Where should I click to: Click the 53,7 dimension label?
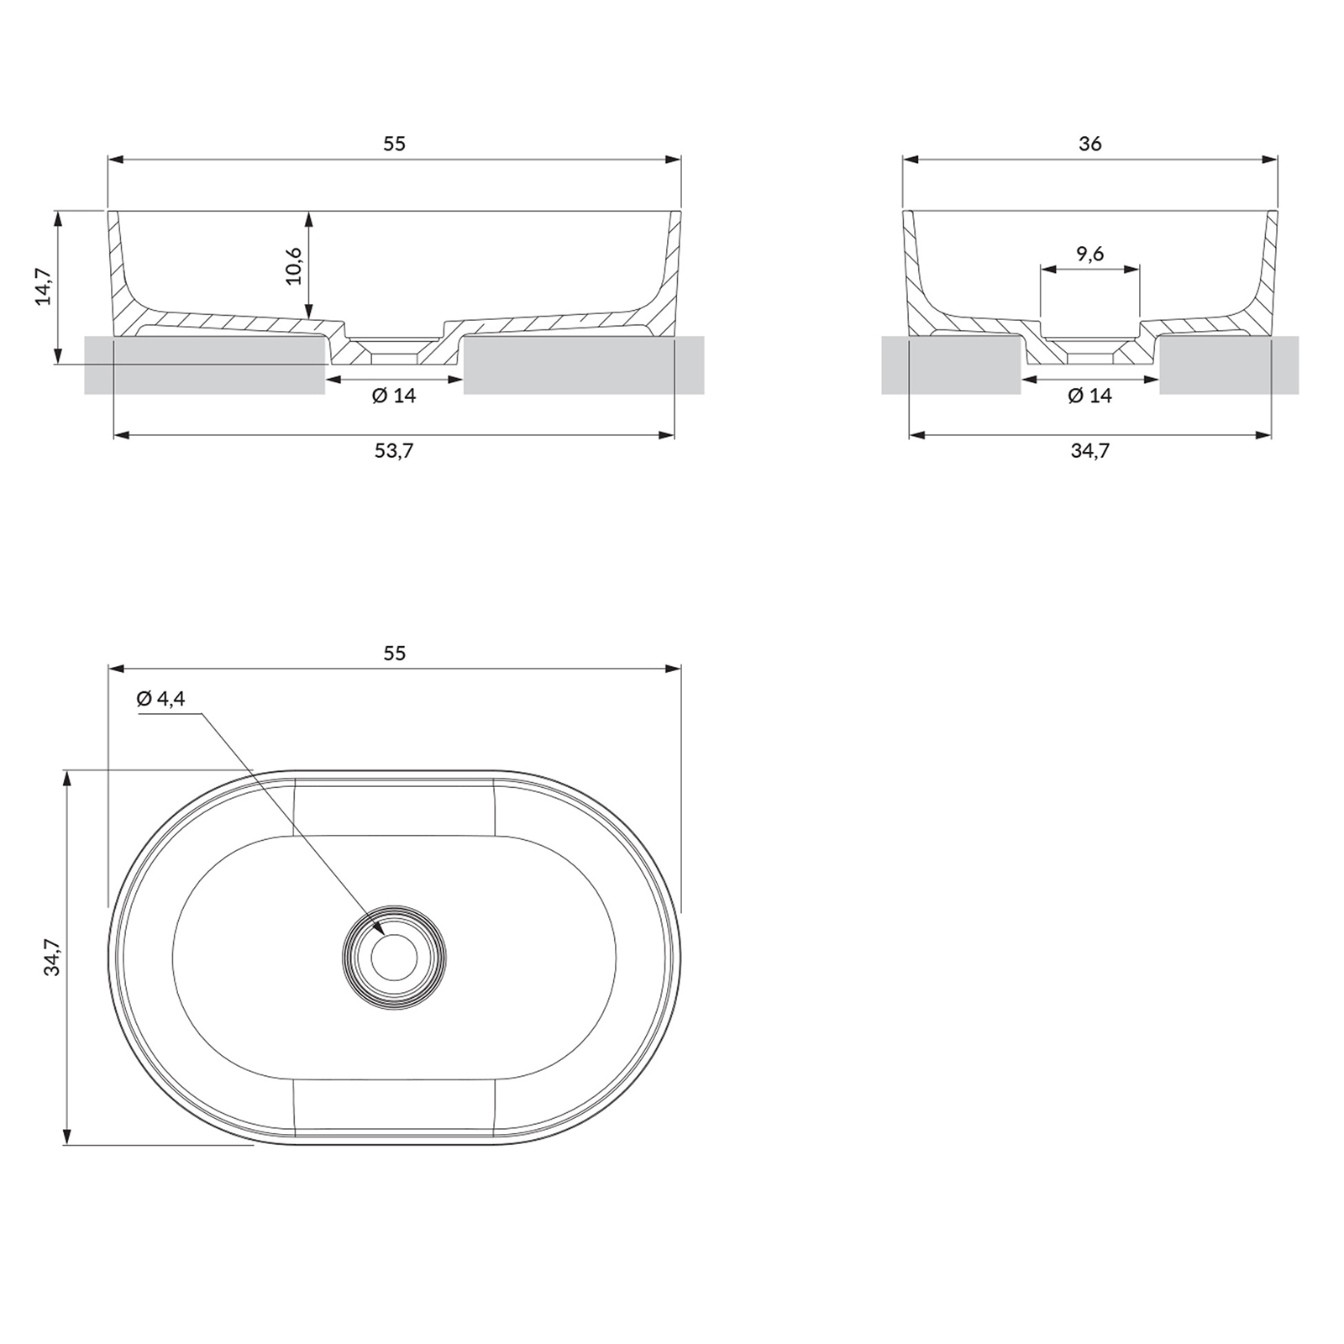394,451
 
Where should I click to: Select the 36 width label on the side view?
1089,144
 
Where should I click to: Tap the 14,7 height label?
43,286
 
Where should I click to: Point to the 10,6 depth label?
293,265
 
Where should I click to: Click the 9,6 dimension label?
1089,253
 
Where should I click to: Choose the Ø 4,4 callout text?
160,698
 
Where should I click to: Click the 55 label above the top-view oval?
394,653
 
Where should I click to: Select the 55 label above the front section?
394,144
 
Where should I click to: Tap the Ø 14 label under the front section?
394,395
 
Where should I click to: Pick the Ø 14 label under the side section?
1089,395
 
